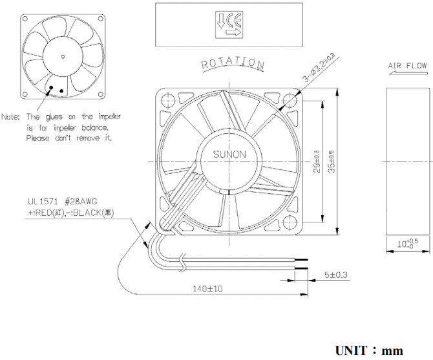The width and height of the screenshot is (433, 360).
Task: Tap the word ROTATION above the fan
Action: point(233,65)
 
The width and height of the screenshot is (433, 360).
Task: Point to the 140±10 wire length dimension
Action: point(208,289)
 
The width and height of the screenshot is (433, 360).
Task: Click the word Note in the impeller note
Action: point(11,117)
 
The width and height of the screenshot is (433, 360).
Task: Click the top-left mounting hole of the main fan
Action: point(167,99)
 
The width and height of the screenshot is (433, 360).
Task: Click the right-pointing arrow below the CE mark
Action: point(235,30)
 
